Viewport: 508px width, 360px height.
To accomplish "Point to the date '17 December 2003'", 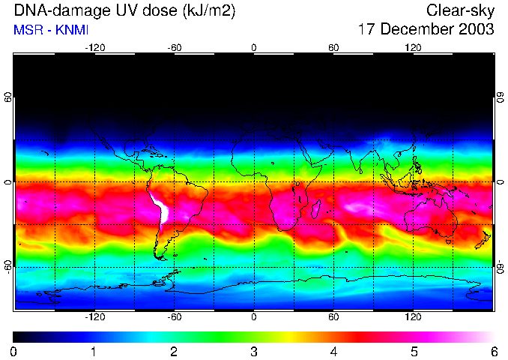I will (x=426, y=29).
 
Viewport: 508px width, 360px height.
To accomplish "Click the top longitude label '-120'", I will (x=94, y=47).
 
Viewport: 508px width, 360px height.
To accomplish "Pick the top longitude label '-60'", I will (x=175, y=47).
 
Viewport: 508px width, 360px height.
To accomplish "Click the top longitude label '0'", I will (x=254, y=47).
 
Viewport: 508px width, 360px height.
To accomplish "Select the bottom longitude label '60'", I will (x=334, y=316).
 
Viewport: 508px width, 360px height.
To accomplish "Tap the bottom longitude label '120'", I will (x=414, y=316).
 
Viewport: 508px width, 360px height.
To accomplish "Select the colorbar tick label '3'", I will (x=254, y=351).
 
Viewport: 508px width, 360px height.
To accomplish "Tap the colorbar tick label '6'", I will (x=494, y=351).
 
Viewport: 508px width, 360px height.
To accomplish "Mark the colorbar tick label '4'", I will (x=334, y=351).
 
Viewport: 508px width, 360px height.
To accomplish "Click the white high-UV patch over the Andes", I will (x=160, y=209).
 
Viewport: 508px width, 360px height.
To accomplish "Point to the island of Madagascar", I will (x=317, y=209).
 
